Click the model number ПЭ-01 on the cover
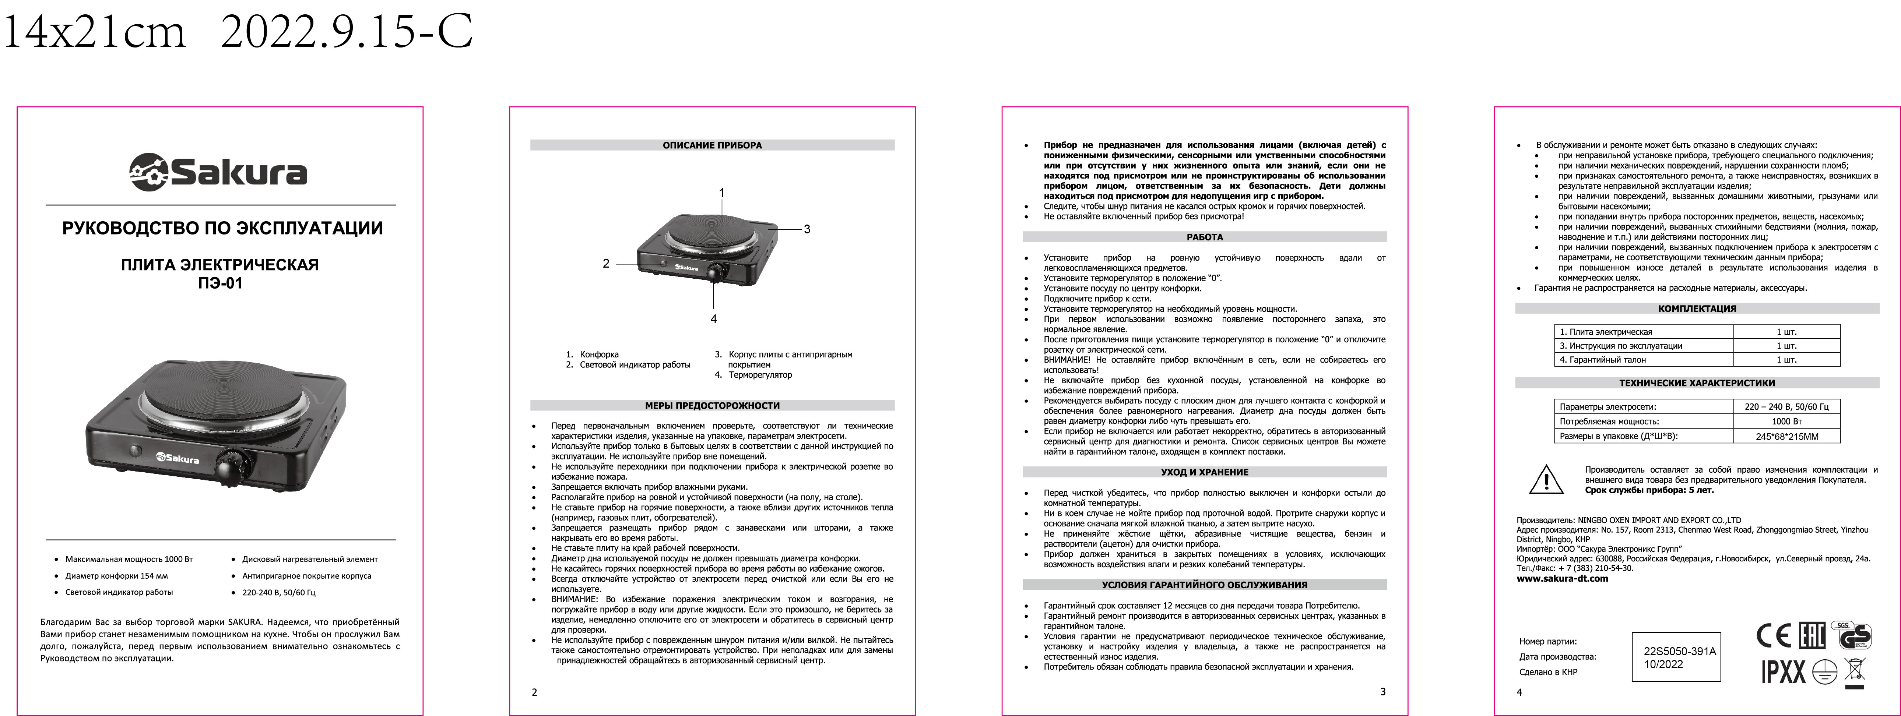click(220, 283)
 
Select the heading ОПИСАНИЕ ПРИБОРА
click(712, 145)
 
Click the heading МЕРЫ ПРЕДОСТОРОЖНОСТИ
click(712, 406)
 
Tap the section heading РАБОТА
click(1204, 237)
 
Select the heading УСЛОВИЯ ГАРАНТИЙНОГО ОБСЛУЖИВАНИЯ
click(1204, 585)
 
